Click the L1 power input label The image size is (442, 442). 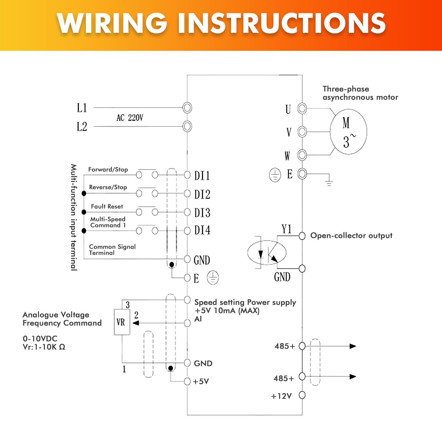pos(82,108)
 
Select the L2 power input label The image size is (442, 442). pos(82,127)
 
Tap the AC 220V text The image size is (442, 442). pos(130,118)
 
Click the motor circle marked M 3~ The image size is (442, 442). pos(348,132)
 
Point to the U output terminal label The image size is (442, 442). pos(288,109)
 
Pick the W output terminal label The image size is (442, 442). pos(287,156)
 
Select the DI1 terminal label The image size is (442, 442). pos(202,176)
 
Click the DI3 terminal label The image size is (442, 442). pos(202,213)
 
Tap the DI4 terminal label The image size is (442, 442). pos(202,230)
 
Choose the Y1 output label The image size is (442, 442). pos(287,229)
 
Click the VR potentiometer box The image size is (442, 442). pos(122,322)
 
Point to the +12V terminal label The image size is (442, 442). pos(281,396)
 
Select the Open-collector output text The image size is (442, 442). pos(351,235)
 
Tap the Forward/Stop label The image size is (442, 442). pos(108,170)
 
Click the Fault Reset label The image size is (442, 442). pos(107,207)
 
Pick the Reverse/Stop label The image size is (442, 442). pos(108,187)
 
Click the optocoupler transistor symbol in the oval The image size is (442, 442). pos(267,253)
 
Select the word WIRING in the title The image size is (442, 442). pos(112,23)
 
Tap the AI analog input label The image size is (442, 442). pos(198,319)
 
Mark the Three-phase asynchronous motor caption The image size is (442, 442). pos(360,93)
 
